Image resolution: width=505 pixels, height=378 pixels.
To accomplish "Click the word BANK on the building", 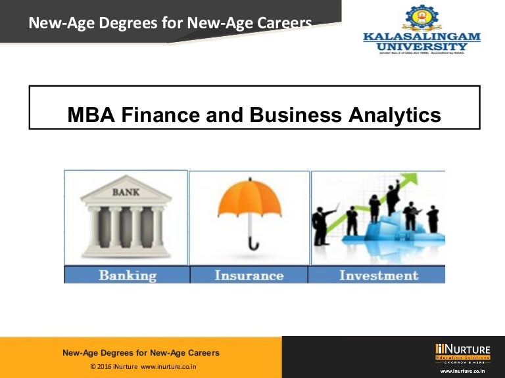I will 126,192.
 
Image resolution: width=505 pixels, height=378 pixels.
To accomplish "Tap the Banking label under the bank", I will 128,275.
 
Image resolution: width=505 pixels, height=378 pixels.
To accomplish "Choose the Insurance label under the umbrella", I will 249,275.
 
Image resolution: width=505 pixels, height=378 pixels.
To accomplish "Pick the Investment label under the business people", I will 379,275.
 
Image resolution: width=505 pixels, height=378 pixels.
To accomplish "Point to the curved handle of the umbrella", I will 253,245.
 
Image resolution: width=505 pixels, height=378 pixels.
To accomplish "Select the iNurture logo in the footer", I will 462,353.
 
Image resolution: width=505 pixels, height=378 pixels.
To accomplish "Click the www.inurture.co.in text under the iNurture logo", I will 463,371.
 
